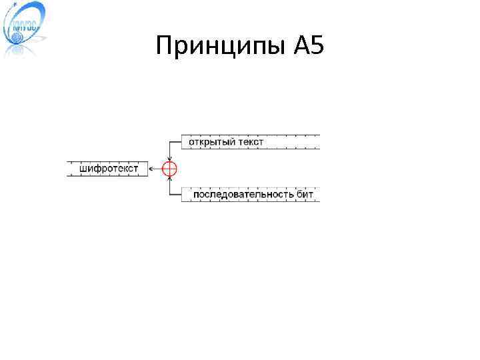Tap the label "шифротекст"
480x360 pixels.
click(109, 169)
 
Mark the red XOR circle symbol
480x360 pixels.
click(170, 169)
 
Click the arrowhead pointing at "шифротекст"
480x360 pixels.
click(151, 169)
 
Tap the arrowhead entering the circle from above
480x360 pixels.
click(170, 159)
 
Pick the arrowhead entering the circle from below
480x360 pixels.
click(170, 179)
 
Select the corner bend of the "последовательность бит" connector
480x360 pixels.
click(170, 195)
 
